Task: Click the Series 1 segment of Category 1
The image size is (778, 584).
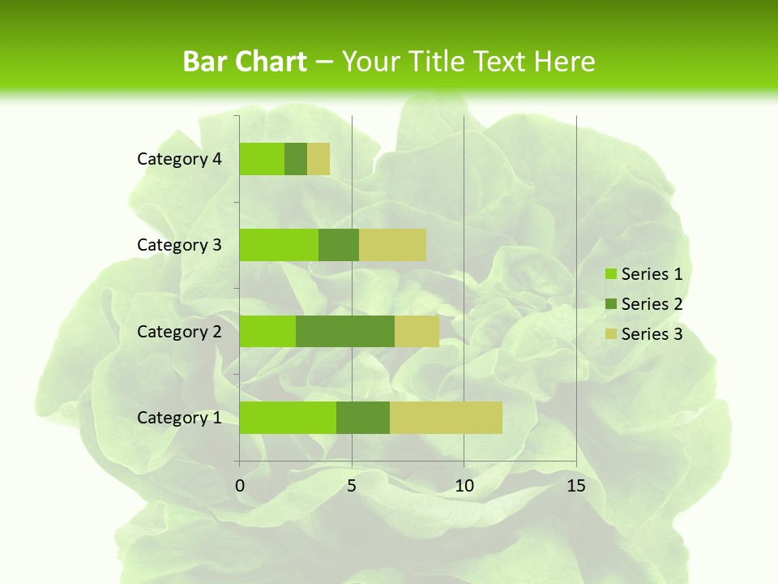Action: click(x=288, y=418)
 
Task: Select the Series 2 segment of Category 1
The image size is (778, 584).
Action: click(x=363, y=418)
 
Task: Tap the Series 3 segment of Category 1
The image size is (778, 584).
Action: click(x=446, y=418)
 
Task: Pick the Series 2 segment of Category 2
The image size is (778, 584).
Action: click(x=345, y=331)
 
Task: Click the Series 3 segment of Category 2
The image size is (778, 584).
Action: click(x=417, y=331)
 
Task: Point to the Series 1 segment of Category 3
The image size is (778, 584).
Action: click(x=279, y=245)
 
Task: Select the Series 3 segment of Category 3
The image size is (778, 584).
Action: click(x=392, y=245)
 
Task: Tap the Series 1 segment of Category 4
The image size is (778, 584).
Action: click(x=262, y=159)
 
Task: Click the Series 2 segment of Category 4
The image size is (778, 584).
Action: click(x=296, y=159)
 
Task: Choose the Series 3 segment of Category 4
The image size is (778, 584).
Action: click(x=318, y=159)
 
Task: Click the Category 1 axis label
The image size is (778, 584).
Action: click(x=179, y=418)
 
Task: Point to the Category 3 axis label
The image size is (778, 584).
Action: click(x=179, y=245)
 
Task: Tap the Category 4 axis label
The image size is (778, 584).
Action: click(x=179, y=159)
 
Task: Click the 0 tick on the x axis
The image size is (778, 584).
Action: click(x=240, y=486)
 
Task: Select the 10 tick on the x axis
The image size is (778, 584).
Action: click(x=464, y=486)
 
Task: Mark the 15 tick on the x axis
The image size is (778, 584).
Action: click(x=576, y=486)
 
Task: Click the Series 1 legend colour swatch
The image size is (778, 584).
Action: click(x=610, y=274)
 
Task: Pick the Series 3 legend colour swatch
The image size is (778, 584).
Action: click(x=610, y=334)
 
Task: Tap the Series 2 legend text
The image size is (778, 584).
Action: click(x=652, y=304)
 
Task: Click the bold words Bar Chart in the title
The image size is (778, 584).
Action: click(x=245, y=62)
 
